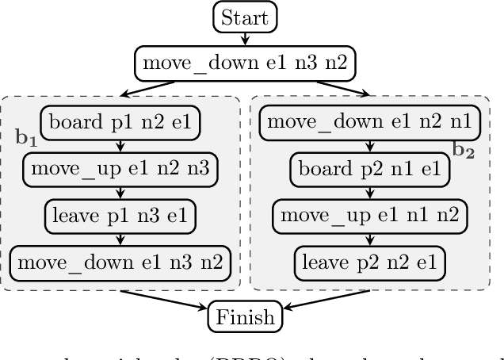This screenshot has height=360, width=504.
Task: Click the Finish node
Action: coord(244,317)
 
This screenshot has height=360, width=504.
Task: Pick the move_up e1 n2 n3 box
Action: coord(121,168)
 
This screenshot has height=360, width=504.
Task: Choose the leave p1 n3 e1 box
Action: coord(121,214)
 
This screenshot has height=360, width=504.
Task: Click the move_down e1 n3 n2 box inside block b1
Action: coord(121,260)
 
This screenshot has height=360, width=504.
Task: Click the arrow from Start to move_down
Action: coord(245,38)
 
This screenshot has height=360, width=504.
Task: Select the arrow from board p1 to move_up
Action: coord(121,145)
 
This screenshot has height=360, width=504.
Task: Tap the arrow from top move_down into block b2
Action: coord(333,87)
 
